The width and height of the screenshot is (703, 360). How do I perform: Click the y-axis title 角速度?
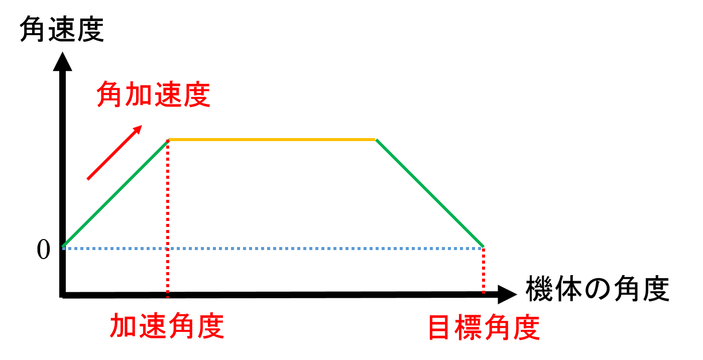[62, 29]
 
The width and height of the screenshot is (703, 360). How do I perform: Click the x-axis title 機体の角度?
[598, 289]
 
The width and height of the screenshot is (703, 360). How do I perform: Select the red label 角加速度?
[153, 94]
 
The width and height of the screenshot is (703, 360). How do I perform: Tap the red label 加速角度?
[167, 325]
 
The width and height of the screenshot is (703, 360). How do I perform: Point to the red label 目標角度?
[484, 327]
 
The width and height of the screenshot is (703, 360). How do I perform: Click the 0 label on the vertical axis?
[43, 250]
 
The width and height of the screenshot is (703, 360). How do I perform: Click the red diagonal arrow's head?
[138, 130]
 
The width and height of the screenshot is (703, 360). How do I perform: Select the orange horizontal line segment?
[272, 140]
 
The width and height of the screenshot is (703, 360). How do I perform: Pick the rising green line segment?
[115, 193]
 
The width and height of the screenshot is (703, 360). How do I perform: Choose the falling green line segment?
[430, 193]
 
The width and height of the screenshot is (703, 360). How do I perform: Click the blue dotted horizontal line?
[272, 249]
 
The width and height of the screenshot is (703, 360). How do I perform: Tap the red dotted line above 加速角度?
[168, 218]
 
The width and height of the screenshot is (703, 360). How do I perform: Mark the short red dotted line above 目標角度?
[483, 271]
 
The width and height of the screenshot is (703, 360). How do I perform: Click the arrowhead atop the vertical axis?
[62, 62]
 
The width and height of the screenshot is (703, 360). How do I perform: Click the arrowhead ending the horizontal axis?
[507, 294]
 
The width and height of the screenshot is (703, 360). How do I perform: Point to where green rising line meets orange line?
[168, 140]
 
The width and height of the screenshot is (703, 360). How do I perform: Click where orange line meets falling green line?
[376, 140]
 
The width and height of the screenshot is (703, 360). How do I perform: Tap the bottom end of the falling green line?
[483, 247]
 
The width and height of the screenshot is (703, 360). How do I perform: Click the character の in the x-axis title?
[598, 289]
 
